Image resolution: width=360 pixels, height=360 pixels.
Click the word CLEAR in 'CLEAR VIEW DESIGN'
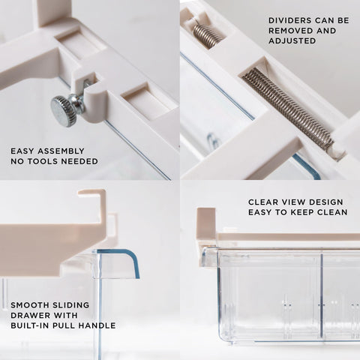[265, 202]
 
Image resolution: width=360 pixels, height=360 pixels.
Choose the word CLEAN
[330, 212]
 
